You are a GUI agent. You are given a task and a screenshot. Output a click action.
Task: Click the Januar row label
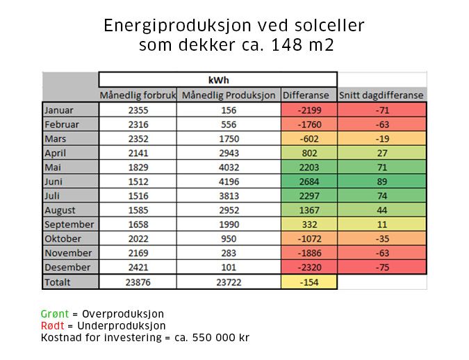58,110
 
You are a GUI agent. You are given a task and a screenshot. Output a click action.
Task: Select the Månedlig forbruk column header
138,95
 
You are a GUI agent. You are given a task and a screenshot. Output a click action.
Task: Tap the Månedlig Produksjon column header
229,95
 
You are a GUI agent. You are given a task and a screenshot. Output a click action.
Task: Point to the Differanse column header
308,95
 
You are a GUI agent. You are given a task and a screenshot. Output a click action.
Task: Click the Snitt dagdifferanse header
381,95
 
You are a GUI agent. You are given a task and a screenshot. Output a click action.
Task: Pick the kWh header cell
218,80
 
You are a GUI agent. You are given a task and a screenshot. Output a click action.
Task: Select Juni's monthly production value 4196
229,181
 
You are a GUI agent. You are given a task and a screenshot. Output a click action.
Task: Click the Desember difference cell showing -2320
308,268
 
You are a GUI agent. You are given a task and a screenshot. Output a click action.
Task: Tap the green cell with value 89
381,181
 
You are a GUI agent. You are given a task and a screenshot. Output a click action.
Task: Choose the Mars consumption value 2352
138,138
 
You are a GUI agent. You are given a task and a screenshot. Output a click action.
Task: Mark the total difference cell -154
308,282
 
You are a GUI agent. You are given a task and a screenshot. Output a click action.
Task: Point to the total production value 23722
229,282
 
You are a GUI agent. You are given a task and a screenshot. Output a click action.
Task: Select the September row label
68,224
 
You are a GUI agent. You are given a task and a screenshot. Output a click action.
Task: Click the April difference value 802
308,153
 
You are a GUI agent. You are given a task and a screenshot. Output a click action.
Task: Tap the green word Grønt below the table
55,314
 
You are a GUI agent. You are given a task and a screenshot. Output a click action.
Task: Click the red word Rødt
54,326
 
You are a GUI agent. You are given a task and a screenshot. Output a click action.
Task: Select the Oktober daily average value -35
381,239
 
